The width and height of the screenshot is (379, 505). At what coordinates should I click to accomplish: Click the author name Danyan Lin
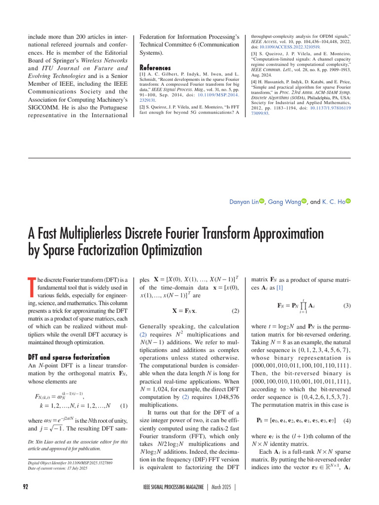[244, 202]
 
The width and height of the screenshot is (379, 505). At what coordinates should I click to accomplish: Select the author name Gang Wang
[283, 202]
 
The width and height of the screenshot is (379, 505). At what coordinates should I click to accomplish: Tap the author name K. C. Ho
[333, 202]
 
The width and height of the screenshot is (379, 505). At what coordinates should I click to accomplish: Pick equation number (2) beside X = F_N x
[235, 311]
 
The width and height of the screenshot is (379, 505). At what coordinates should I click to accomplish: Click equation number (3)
[346, 305]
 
